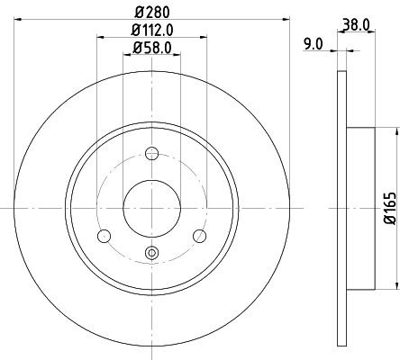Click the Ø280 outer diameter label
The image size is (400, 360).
tap(152, 13)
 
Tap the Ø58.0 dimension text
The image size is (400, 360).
tap(152, 48)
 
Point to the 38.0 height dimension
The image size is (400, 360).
tap(358, 25)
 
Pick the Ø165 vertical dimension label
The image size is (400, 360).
tap(390, 208)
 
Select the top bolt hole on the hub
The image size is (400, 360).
tap(152, 155)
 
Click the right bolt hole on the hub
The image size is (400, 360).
tap(201, 236)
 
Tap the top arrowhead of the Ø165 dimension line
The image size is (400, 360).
tap(394, 131)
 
